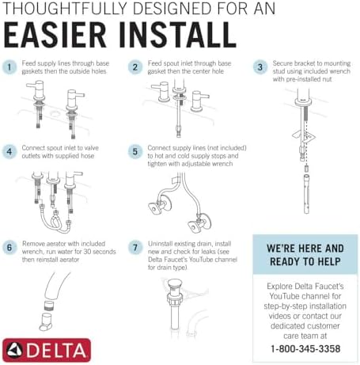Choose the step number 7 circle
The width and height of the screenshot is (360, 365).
coord(135,247)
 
